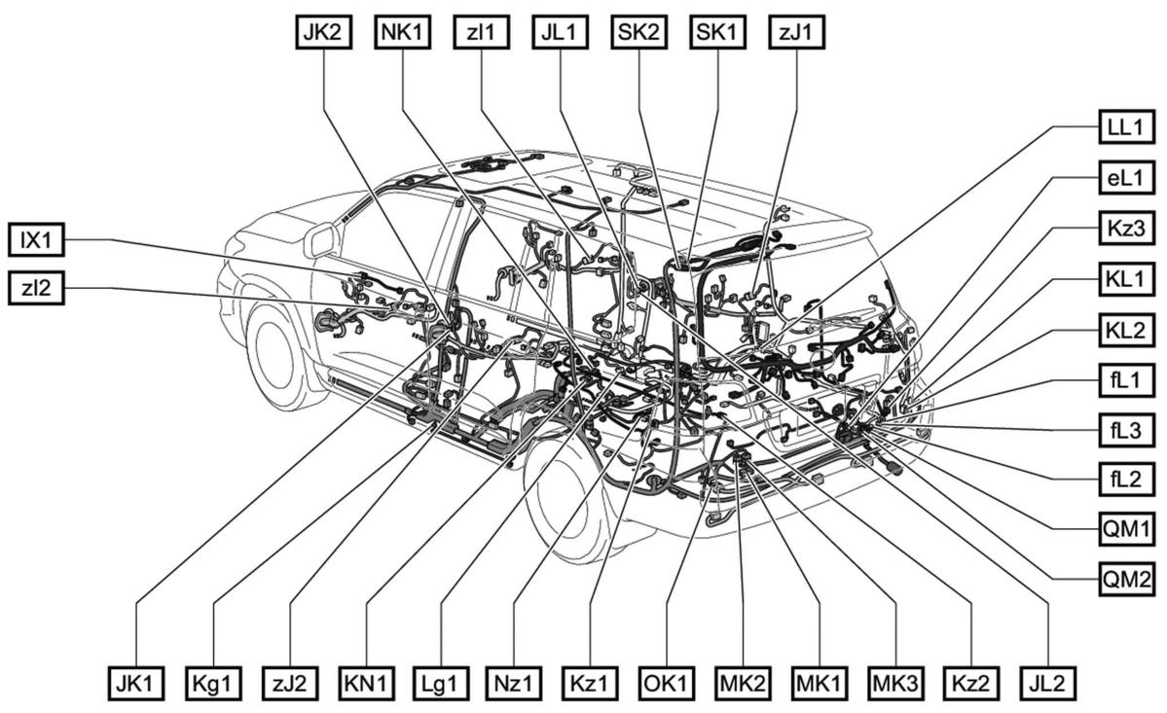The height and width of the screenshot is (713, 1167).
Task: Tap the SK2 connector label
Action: [638, 32]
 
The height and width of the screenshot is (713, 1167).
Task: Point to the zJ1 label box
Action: [796, 32]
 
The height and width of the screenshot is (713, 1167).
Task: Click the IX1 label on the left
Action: [36, 238]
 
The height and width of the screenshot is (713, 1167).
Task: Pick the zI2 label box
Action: [36, 289]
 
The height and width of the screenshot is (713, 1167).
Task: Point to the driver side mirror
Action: [319, 240]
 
